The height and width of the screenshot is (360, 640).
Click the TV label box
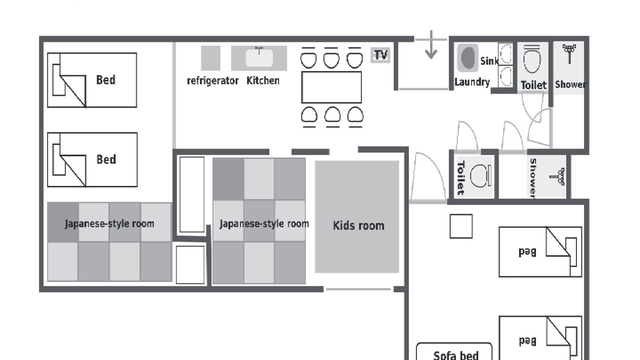(380, 55)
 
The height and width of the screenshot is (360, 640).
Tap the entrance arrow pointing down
(431, 45)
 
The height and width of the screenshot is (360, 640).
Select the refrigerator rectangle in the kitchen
(210, 58)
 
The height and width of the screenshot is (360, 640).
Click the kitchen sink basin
(259, 58)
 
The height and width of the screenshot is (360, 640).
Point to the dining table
(331, 87)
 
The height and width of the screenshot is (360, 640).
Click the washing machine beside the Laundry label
(467, 58)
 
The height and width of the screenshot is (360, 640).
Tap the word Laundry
(472, 82)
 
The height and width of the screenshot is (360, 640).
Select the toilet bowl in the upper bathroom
(532, 59)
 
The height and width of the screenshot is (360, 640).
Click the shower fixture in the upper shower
(569, 53)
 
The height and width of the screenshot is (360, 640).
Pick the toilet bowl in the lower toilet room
(480, 176)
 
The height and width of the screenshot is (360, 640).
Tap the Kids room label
(358, 225)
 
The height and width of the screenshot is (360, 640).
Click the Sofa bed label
(455, 355)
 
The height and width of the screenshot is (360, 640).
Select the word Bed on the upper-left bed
(106, 80)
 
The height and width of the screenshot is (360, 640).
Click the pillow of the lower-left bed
(59, 159)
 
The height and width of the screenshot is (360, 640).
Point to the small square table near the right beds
(461, 226)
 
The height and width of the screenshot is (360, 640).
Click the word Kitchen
(263, 80)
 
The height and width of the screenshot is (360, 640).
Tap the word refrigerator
(212, 81)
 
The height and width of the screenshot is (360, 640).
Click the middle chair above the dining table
(331, 58)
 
